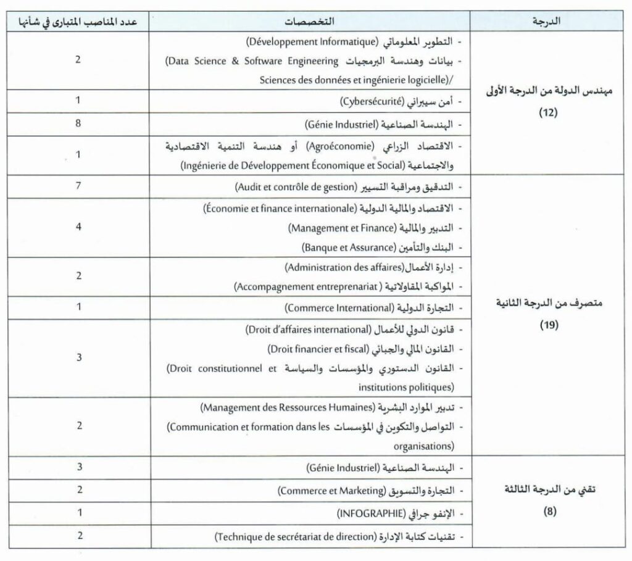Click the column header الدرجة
546,20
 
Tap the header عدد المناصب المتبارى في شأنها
78,20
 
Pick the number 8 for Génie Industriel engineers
78,123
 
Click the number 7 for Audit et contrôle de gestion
78,186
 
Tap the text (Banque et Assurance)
348,248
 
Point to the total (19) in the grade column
546,325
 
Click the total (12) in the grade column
546,114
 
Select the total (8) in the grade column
546,511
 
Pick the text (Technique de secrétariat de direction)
296,536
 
